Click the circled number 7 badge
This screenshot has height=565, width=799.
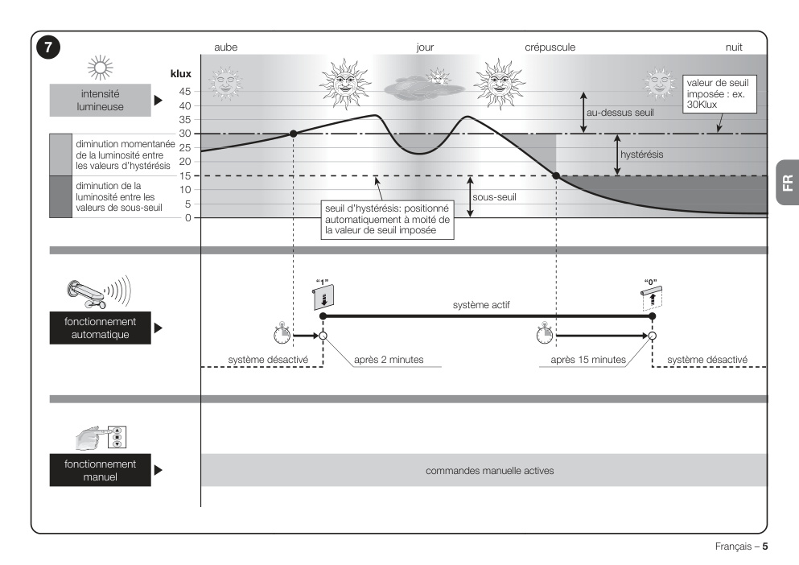(48, 47)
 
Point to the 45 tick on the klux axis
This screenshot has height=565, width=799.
(185, 92)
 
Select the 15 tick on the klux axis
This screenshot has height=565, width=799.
(185, 176)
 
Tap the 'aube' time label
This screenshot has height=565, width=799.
(226, 47)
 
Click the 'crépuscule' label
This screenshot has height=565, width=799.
(550, 47)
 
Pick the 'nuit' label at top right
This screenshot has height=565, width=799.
(734, 47)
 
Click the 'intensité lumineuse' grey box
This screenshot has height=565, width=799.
(101, 101)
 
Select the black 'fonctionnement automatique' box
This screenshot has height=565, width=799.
(101, 328)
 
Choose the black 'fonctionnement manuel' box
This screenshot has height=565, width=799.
(101, 470)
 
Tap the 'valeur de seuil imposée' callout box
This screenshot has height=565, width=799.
(719, 94)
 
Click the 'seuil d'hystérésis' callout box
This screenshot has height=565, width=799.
(387, 220)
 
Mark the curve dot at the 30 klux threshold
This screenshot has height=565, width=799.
(293, 134)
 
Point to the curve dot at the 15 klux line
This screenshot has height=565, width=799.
(557, 176)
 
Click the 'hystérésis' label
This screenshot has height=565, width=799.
(641, 155)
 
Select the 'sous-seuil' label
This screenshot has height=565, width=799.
(494, 197)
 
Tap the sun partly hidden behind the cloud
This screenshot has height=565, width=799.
(437, 77)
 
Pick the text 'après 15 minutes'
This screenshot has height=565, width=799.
(588, 360)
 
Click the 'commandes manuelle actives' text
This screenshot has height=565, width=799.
(490, 471)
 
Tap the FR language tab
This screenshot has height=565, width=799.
(788, 183)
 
